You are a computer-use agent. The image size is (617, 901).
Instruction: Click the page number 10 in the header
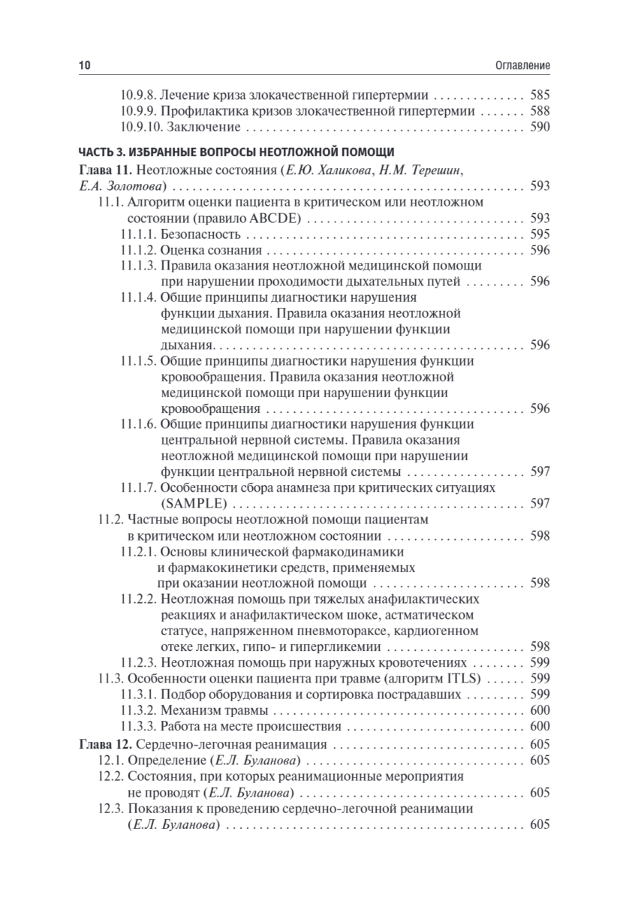[84, 66]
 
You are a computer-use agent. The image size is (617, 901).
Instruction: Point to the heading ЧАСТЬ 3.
[105, 155]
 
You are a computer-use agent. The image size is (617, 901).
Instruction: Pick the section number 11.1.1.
[137, 234]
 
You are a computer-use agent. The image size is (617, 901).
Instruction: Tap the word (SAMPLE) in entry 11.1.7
[193, 504]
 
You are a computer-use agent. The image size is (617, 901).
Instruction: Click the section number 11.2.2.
[138, 598]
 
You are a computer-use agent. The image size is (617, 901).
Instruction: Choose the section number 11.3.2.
[138, 710]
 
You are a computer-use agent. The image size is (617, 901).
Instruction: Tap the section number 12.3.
[110, 809]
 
